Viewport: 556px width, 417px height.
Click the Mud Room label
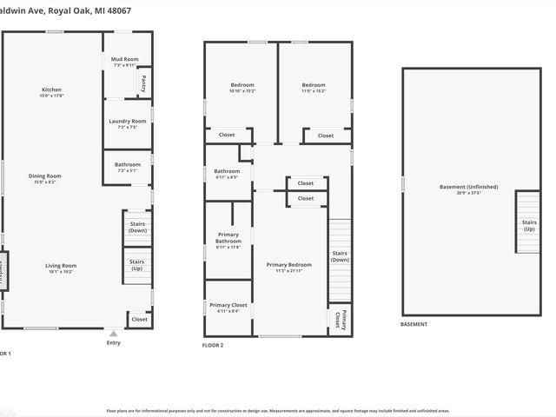pyautogui.click(x=125, y=59)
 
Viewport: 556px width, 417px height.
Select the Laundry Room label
pyautogui.click(x=127, y=122)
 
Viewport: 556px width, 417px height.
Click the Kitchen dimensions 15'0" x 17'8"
pyautogui.click(x=51, y=96)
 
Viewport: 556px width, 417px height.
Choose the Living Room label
pyautogui.click(x=62, y=266)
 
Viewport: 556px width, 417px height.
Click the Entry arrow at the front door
pyautogui.click(x=113, y=332)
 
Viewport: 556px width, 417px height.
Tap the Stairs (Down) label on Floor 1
pyautogui.click(x=137, y=227)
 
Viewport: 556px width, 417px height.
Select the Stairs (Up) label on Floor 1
pyautogui.click(x=137, y=264)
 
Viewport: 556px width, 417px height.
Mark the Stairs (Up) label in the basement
pyautogui.click(x=529, y=225)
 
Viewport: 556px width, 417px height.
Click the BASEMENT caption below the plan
pyautogui.click(x=414, y=324)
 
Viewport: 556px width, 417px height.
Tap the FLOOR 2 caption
pyautogui.click(x=213, y=345)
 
